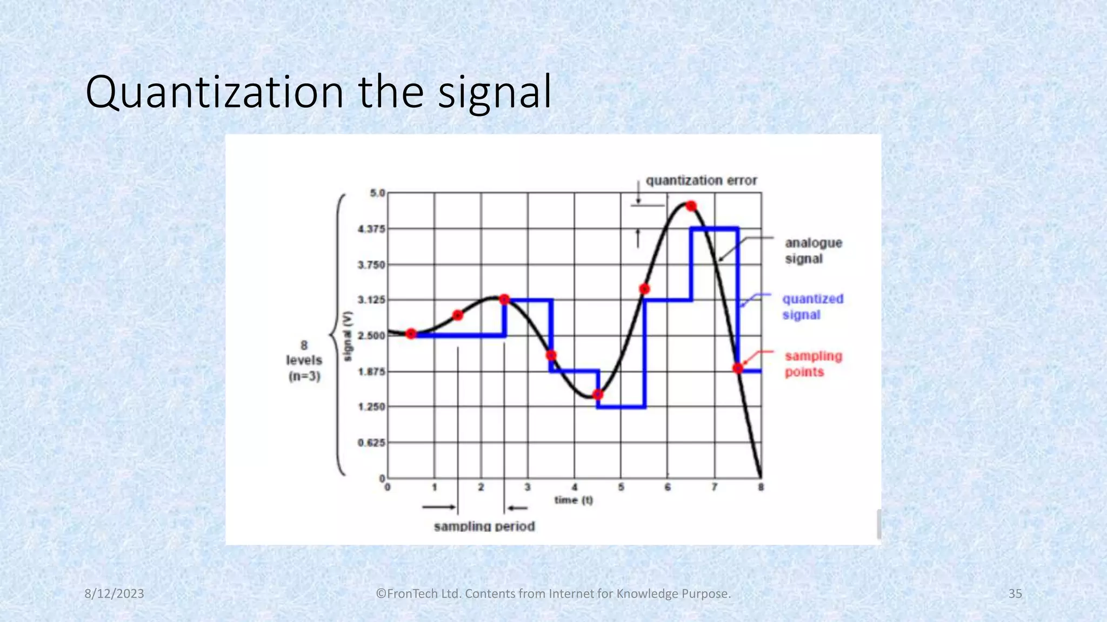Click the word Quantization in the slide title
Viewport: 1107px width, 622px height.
[x=214, y=93]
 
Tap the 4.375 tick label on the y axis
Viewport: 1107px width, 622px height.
[x=371, y=229]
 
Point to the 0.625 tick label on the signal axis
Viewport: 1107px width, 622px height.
[x=371, y=443]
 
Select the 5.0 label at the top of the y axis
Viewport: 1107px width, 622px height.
[x=377, y=193]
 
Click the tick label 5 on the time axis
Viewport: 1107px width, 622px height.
[x=621, y=488]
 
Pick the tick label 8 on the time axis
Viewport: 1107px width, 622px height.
[x=761, y=488]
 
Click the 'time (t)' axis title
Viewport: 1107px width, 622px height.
[x=573, y=501]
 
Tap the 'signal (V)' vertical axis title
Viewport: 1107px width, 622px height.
[x=348, y=336]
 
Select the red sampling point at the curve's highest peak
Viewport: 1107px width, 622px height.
[x=691, y=206]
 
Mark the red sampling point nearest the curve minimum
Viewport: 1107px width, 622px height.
[x=597, y=395]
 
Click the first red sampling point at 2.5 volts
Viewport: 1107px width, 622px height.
[x=411, y=334]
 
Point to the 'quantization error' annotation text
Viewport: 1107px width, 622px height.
[x=701, y=180]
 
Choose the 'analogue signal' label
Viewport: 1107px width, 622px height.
[x=813, y=251]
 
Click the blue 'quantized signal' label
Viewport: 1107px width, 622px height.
[x=812, y=307]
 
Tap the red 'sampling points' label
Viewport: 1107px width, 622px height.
[x=813, y=364]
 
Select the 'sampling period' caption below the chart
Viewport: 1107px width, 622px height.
[x=484, y=526]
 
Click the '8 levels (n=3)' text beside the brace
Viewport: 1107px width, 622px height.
[x=304, y=361]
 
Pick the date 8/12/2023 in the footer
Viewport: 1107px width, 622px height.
[x=115, y=594]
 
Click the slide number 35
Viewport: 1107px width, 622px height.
[x=1015, y=594]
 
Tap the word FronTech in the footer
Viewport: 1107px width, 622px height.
[x=412, y=594]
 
